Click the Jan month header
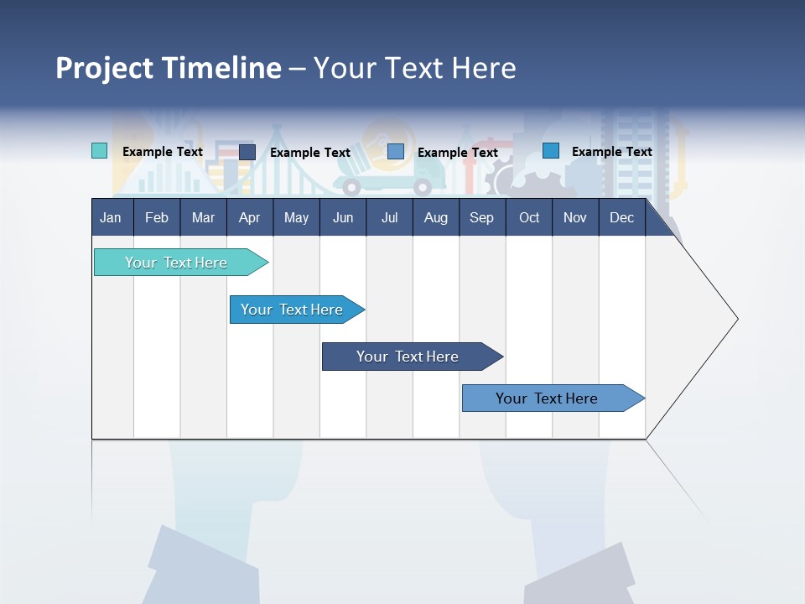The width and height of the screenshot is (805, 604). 111,217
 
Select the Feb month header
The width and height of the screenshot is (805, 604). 157,217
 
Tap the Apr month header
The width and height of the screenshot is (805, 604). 249,217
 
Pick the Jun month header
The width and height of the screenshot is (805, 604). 343,217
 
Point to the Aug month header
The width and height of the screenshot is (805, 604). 435,217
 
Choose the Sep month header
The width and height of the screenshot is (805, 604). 481,217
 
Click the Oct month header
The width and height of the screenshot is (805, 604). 529,217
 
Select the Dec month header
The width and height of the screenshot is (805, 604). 621,217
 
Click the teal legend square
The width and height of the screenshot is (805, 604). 99,151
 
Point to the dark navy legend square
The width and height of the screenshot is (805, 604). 247,152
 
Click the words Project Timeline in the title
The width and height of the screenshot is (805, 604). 168,68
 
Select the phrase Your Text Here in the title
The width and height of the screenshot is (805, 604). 414,68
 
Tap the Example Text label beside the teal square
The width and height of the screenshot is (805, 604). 162,152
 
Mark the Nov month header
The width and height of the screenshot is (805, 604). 574,217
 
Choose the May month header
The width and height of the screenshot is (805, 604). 296,217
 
